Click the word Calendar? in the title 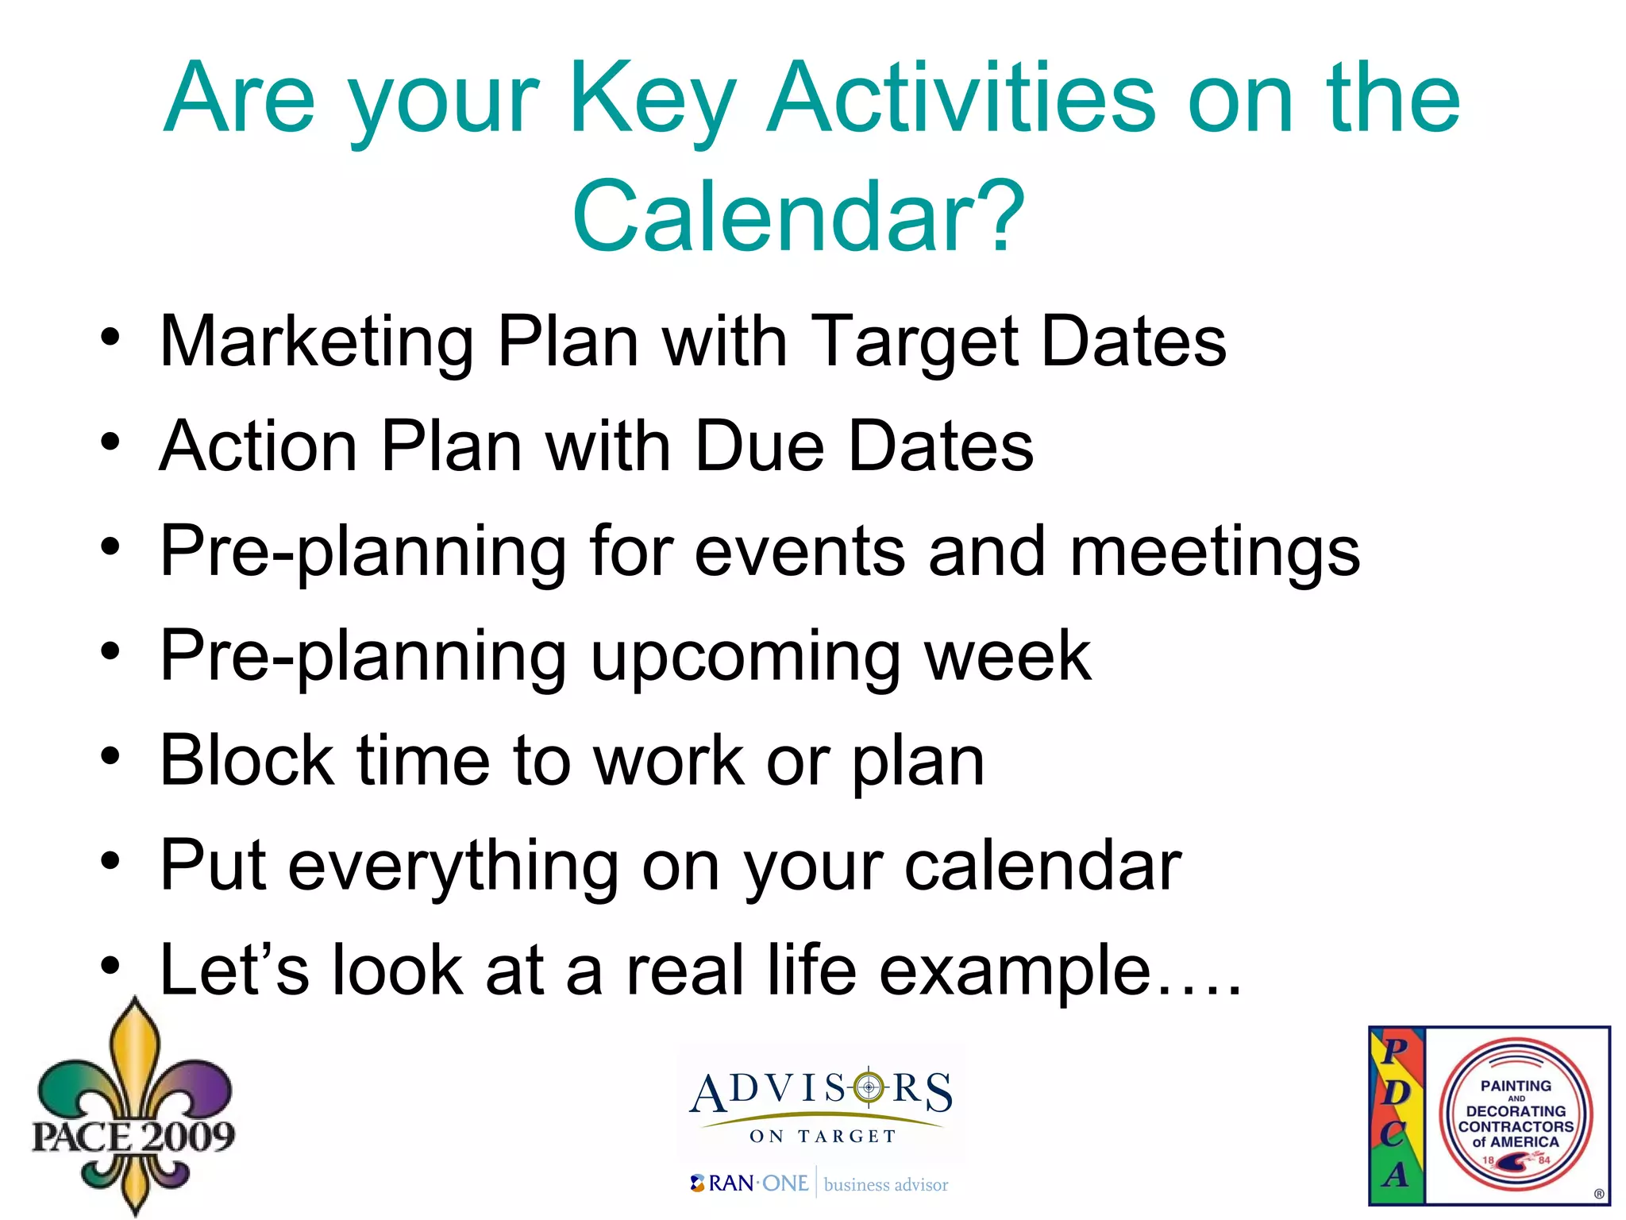[x=798, y=216]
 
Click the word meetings [x=1215, y=551]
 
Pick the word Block [x=247, y=761]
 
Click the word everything [x=453, y=866]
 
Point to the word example [x=1015, y=971]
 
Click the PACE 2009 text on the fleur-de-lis [x=133, y=1136]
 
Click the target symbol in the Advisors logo [x=869, y=1087]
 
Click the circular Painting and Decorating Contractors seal [x=1516, y=1115]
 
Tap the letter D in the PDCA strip [x=1395, y=1093]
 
